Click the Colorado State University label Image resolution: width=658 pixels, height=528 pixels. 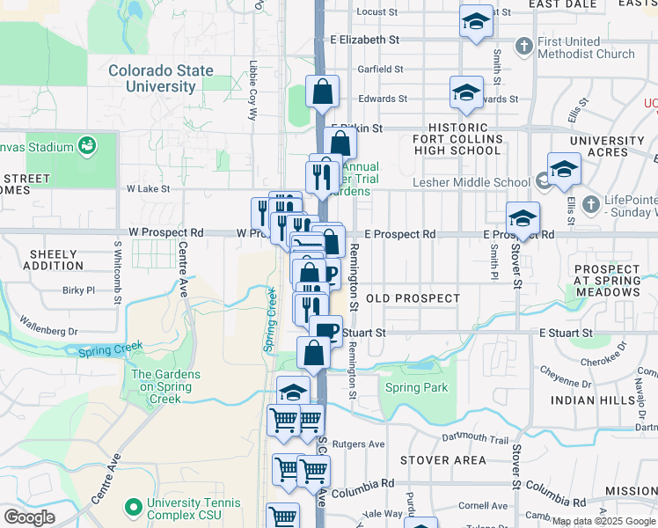(161, 78)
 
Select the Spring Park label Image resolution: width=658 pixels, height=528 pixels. (416, 387)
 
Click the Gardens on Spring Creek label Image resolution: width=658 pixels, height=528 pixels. (165, 386)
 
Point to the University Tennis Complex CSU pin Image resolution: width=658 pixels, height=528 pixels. (135, 506)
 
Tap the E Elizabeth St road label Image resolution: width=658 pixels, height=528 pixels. (365, 40)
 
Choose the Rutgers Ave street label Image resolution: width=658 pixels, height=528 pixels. (363, 444)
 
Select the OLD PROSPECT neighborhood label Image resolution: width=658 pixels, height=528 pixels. (413, 298)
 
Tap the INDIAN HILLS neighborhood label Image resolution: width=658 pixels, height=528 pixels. (592, 400)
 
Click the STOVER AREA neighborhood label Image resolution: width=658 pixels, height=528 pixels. (442, 459)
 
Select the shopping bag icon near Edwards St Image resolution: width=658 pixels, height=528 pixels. (323, 91)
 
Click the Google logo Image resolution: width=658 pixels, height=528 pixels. (30, 517)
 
